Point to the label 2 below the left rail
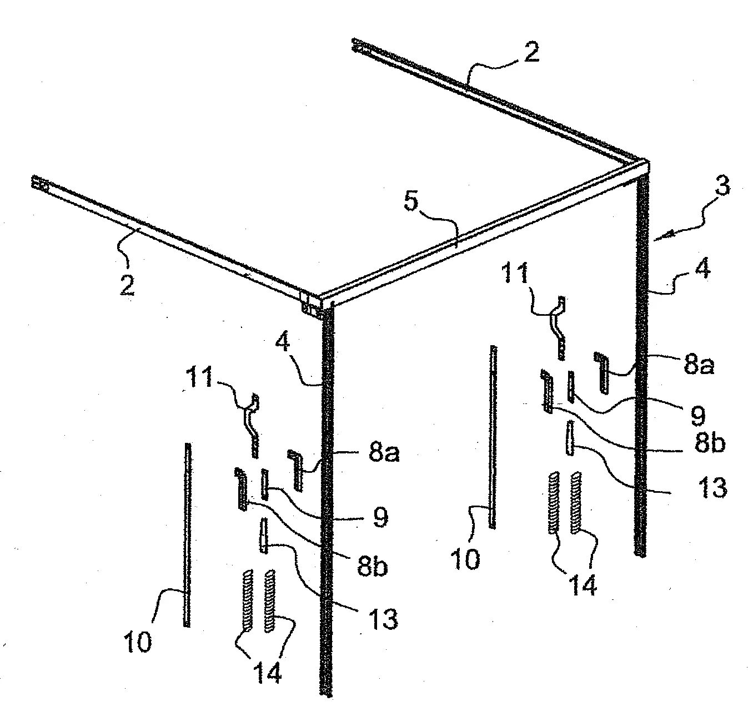[x=128, y=285]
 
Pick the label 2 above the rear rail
[x=531, y=52]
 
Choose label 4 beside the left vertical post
[x=282, y=341]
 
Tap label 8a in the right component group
[x=699, y=364]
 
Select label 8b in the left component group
[x=372, y=567]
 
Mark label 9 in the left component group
[x=380, y=517]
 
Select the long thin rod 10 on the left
[x=187, y=535]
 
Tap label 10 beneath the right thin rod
[x=465, y=559]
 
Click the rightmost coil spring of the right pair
[x=576, y=502]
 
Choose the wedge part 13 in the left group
[x=264, y=536]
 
